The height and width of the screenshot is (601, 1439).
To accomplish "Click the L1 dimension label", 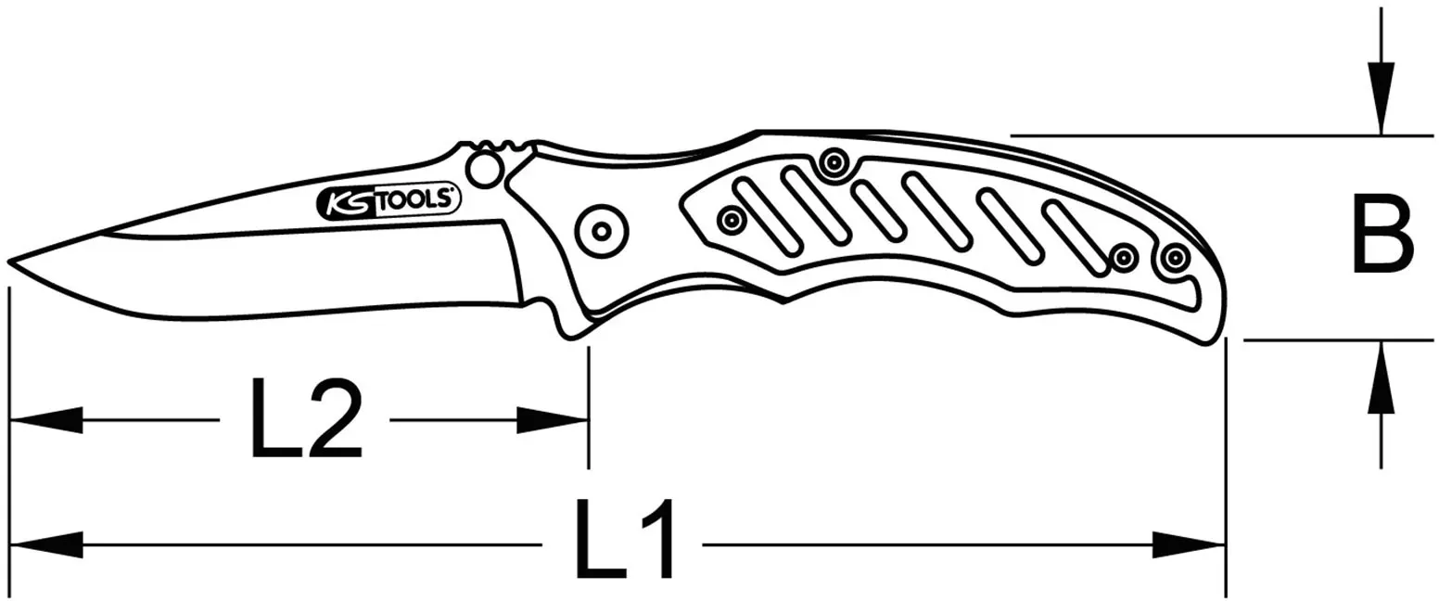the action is (x=624, y=539).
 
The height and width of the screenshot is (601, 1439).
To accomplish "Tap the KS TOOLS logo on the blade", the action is (x=388, y=202).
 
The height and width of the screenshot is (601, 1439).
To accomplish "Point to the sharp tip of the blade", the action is (x=9, y=262).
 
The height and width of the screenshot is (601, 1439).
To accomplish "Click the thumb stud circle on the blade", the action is (x=484, y=169).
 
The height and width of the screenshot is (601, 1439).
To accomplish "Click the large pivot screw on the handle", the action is (x=602, y=231).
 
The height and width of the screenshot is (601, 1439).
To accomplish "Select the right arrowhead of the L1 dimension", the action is (x=1189, y=545).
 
